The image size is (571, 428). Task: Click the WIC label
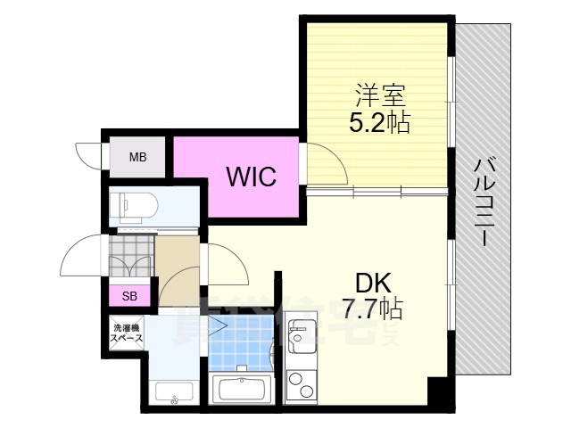[x=251, y=176]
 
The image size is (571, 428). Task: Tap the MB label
[x=137, y=158]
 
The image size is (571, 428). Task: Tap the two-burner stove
[x=302, y=386]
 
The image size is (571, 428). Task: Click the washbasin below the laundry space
[x=172, y=391]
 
